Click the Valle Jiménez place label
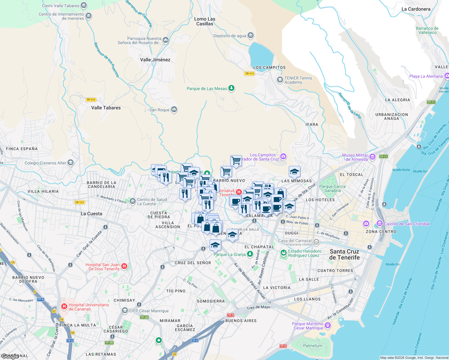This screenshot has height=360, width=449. click(x=155, y=60)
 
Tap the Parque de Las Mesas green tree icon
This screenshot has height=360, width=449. click(x=231, y=88)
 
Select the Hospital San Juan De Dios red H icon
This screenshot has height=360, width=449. click(x=124, y=266)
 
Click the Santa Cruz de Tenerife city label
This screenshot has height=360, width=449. click(x=344, y=254)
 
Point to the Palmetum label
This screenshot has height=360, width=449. click(x=312, y=346)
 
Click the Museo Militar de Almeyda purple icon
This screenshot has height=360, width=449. click(x=372, y=157)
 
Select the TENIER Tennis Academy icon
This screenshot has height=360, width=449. click(x=280, y=80)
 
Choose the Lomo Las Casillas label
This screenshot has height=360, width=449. click(x=205, y=21)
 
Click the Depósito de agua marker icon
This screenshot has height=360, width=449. click(x=251, y=36)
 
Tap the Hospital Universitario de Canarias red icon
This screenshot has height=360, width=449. click(x=64, y=306)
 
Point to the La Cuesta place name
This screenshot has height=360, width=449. click(x=91, y=214)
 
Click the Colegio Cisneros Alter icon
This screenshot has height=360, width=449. click(x=71, y=163)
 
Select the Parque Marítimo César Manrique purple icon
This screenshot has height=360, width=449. click(x=328, y=325)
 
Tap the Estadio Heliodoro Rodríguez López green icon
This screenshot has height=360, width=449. click(x=283, y=253)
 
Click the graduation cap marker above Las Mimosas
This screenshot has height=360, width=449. click(x=294, y=172)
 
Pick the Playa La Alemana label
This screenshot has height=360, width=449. click(x=426, y=76)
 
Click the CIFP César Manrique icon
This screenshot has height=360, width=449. click(x=125, y=310)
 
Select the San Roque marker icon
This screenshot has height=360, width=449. click(x=174, y=109)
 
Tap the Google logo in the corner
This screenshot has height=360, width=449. click(x=10, y=356)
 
